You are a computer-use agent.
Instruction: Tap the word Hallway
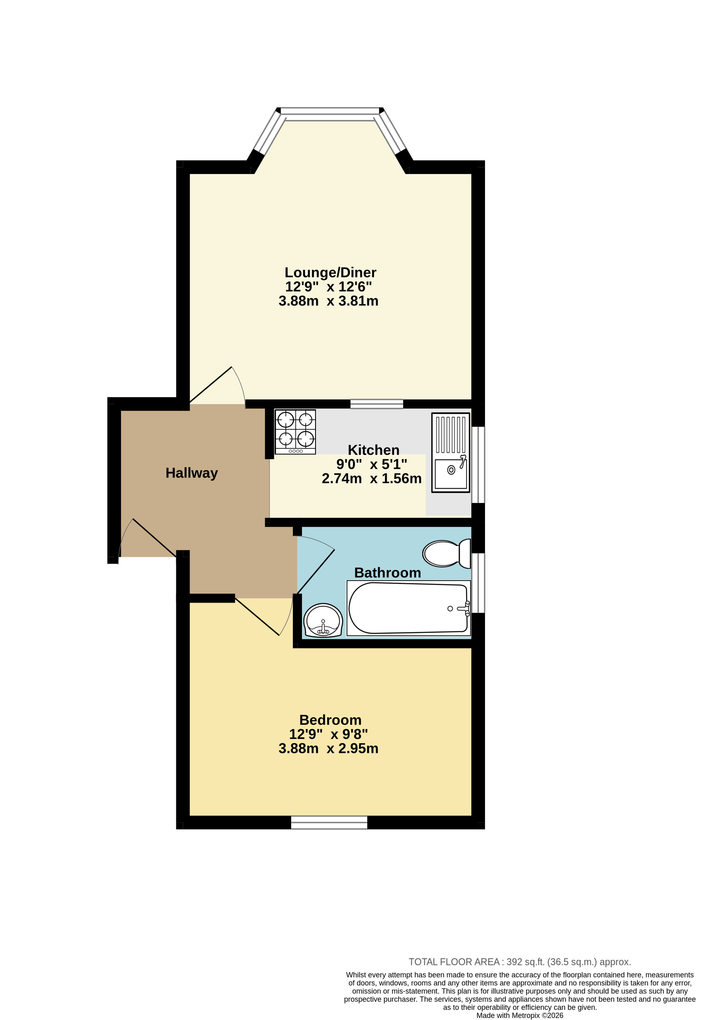pyautogui.click(x=191, y=473)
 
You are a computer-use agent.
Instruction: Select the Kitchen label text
pyautogui.click(x=374, y=450)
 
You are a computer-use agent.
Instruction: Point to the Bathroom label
pyautogui.click(x=387, y=573)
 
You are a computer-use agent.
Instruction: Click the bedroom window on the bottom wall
pyautogui.click(x=329, y=822)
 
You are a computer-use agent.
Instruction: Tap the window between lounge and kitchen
pyautogui.click(x=377, y=404)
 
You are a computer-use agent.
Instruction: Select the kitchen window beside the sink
pyautogui.click(x=478, y=465)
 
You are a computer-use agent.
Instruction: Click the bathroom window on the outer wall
pyautogui.click(x=478, y=583)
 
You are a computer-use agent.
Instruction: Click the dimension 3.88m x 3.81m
pyautogui.click(x=329, y=301)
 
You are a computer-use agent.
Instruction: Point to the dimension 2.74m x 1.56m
pyautogui.click(x=372, y=479)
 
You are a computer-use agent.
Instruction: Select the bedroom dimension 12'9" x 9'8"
pyautogui.click(x=329, y=734)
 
